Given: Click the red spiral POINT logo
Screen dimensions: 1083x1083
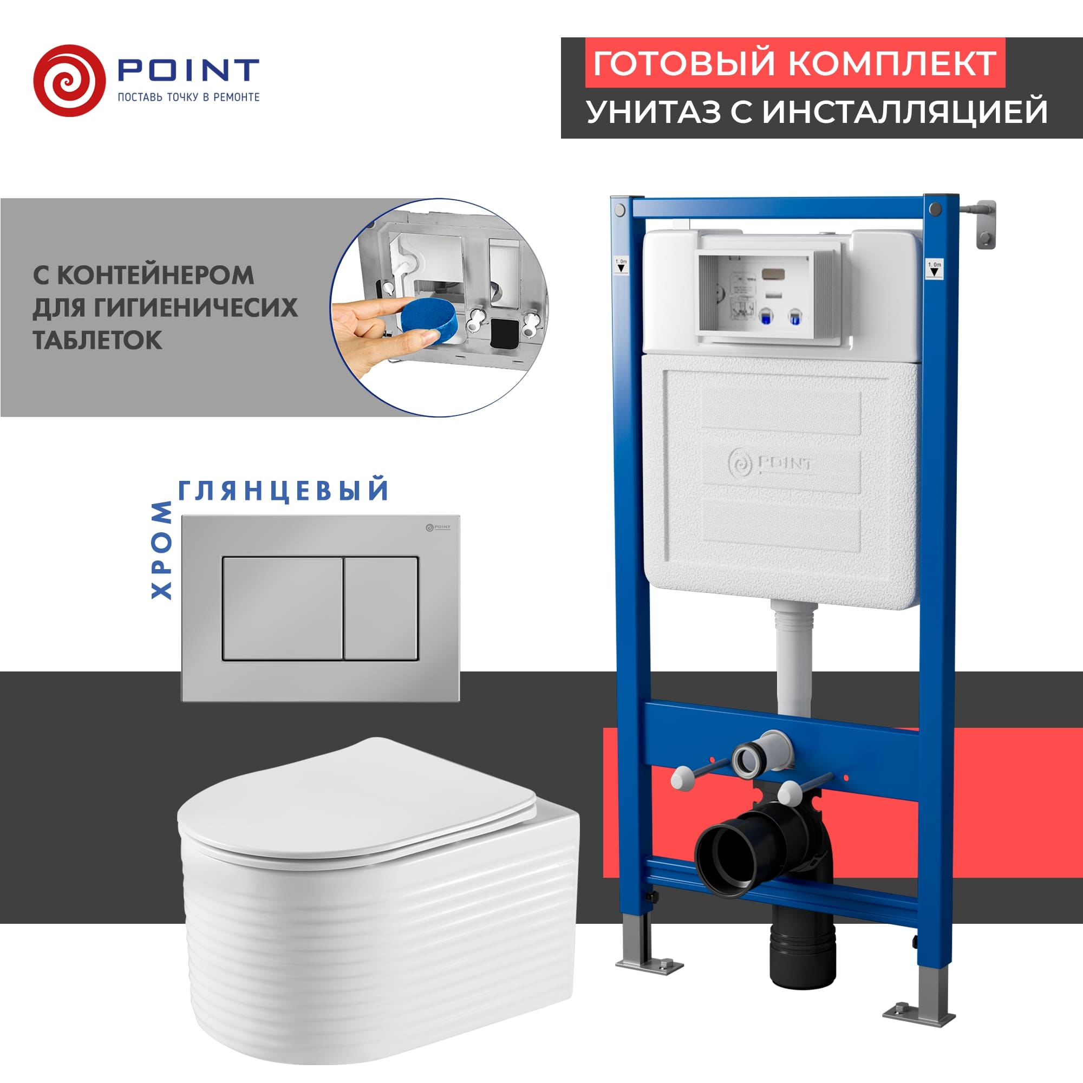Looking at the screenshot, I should [69, 81].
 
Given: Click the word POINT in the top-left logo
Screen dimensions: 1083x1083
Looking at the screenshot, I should [188, 70].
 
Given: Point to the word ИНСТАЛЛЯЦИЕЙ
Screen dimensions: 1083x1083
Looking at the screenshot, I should [904, 111].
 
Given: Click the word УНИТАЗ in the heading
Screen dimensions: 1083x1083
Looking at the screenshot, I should [653, 111].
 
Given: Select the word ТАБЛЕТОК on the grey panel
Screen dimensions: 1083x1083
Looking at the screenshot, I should [97, 340].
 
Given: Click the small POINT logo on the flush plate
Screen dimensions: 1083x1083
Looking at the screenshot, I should [438, 527].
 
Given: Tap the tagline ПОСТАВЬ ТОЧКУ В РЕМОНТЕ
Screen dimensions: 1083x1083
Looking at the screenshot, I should [188, 97].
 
